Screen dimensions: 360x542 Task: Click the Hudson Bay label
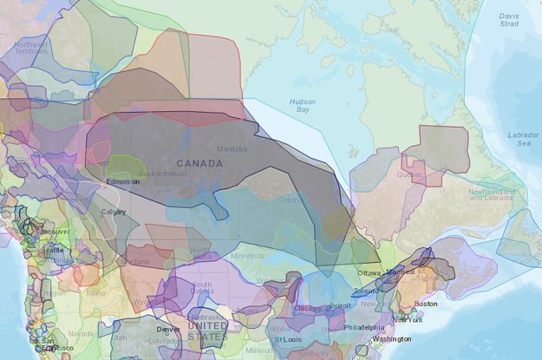(x=303, y=106)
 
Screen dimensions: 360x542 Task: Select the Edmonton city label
(x=122, y=183)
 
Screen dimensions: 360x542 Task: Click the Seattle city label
(x=51, y=250)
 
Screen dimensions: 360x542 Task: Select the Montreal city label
(x=402, y=272)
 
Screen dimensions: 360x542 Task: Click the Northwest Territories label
(x=30, y=49)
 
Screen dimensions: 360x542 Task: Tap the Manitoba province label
(x=232, y=148)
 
